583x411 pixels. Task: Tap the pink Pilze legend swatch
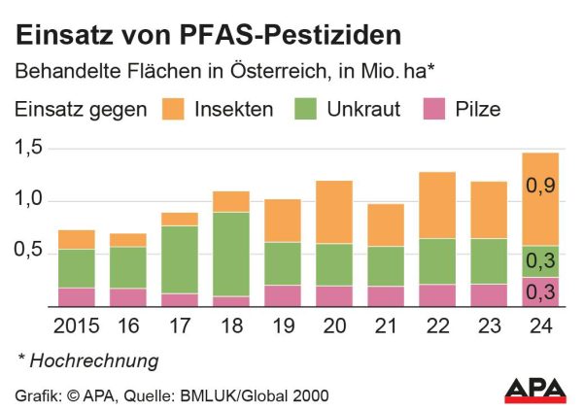(433, 109)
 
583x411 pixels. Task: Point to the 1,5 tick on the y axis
(30, 149)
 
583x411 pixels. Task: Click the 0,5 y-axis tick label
(30, 253)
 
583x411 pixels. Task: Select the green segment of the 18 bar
(231, 254)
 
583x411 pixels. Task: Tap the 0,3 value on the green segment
(538, 261)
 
